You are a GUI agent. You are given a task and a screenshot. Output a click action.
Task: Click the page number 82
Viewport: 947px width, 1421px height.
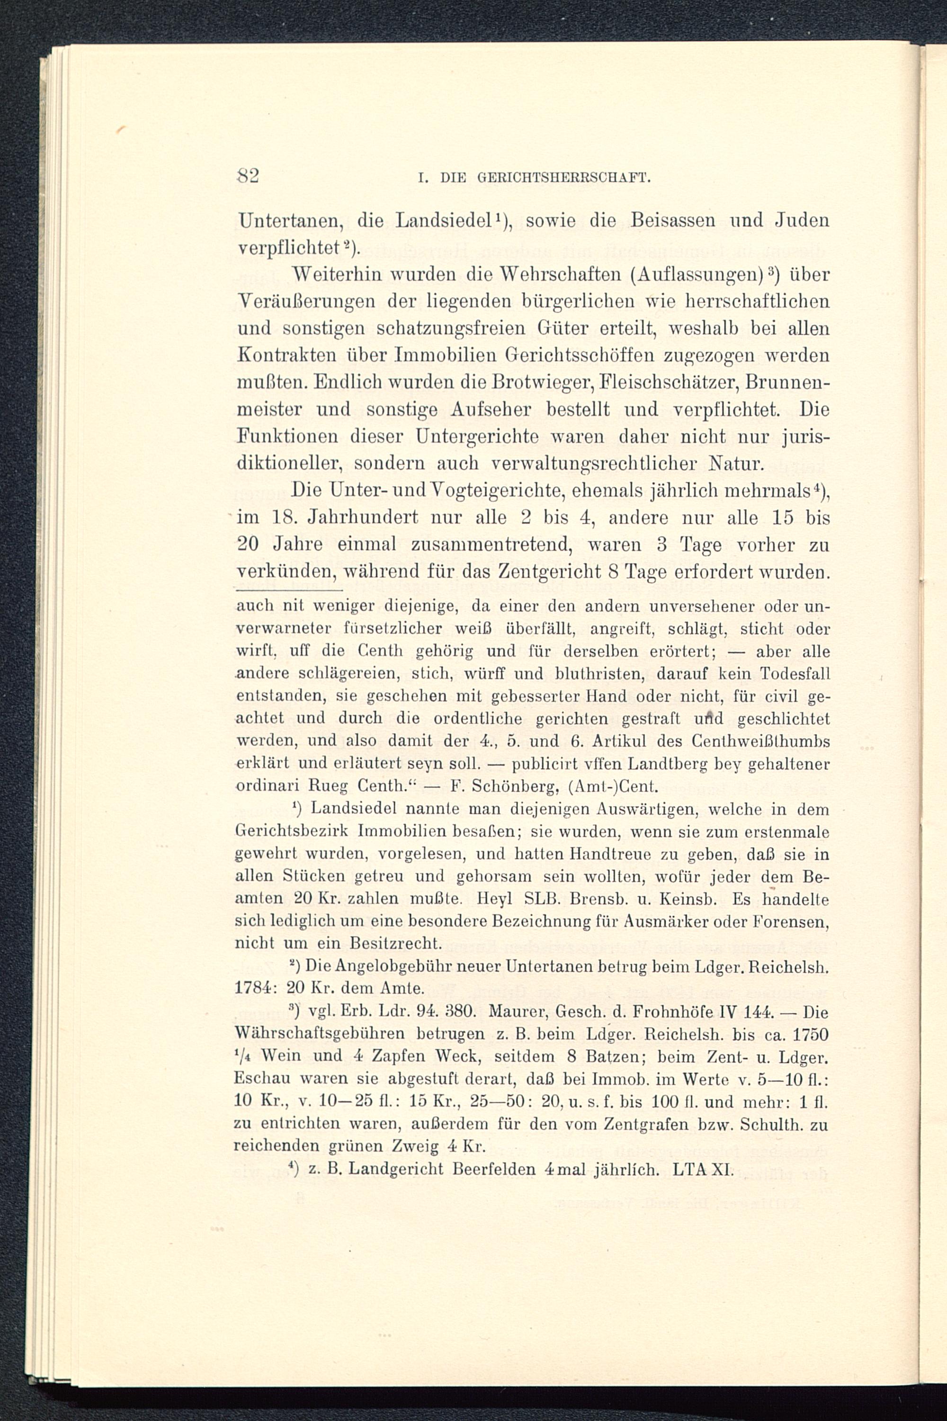[x=248, y=176]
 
